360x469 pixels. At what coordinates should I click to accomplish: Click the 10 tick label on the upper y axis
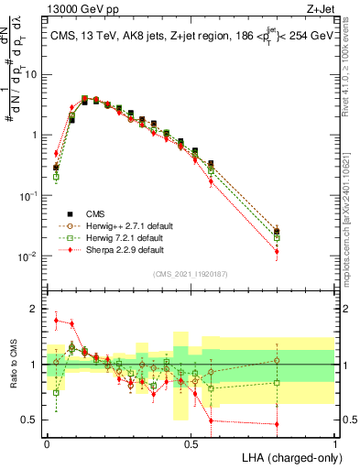(29, 75)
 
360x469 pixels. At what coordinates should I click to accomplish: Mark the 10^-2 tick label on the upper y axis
(27, 256)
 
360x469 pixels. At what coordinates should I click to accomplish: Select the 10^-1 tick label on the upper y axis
(27, 196)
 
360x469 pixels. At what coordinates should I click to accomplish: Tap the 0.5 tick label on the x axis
(191, 442)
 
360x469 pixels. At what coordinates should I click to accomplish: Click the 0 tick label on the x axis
(47, 442)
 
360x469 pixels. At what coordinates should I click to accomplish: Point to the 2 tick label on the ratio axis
(33, 309)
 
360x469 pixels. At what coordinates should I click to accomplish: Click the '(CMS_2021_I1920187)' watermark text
(190, 273)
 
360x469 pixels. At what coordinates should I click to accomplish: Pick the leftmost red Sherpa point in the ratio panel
(56, 321)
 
